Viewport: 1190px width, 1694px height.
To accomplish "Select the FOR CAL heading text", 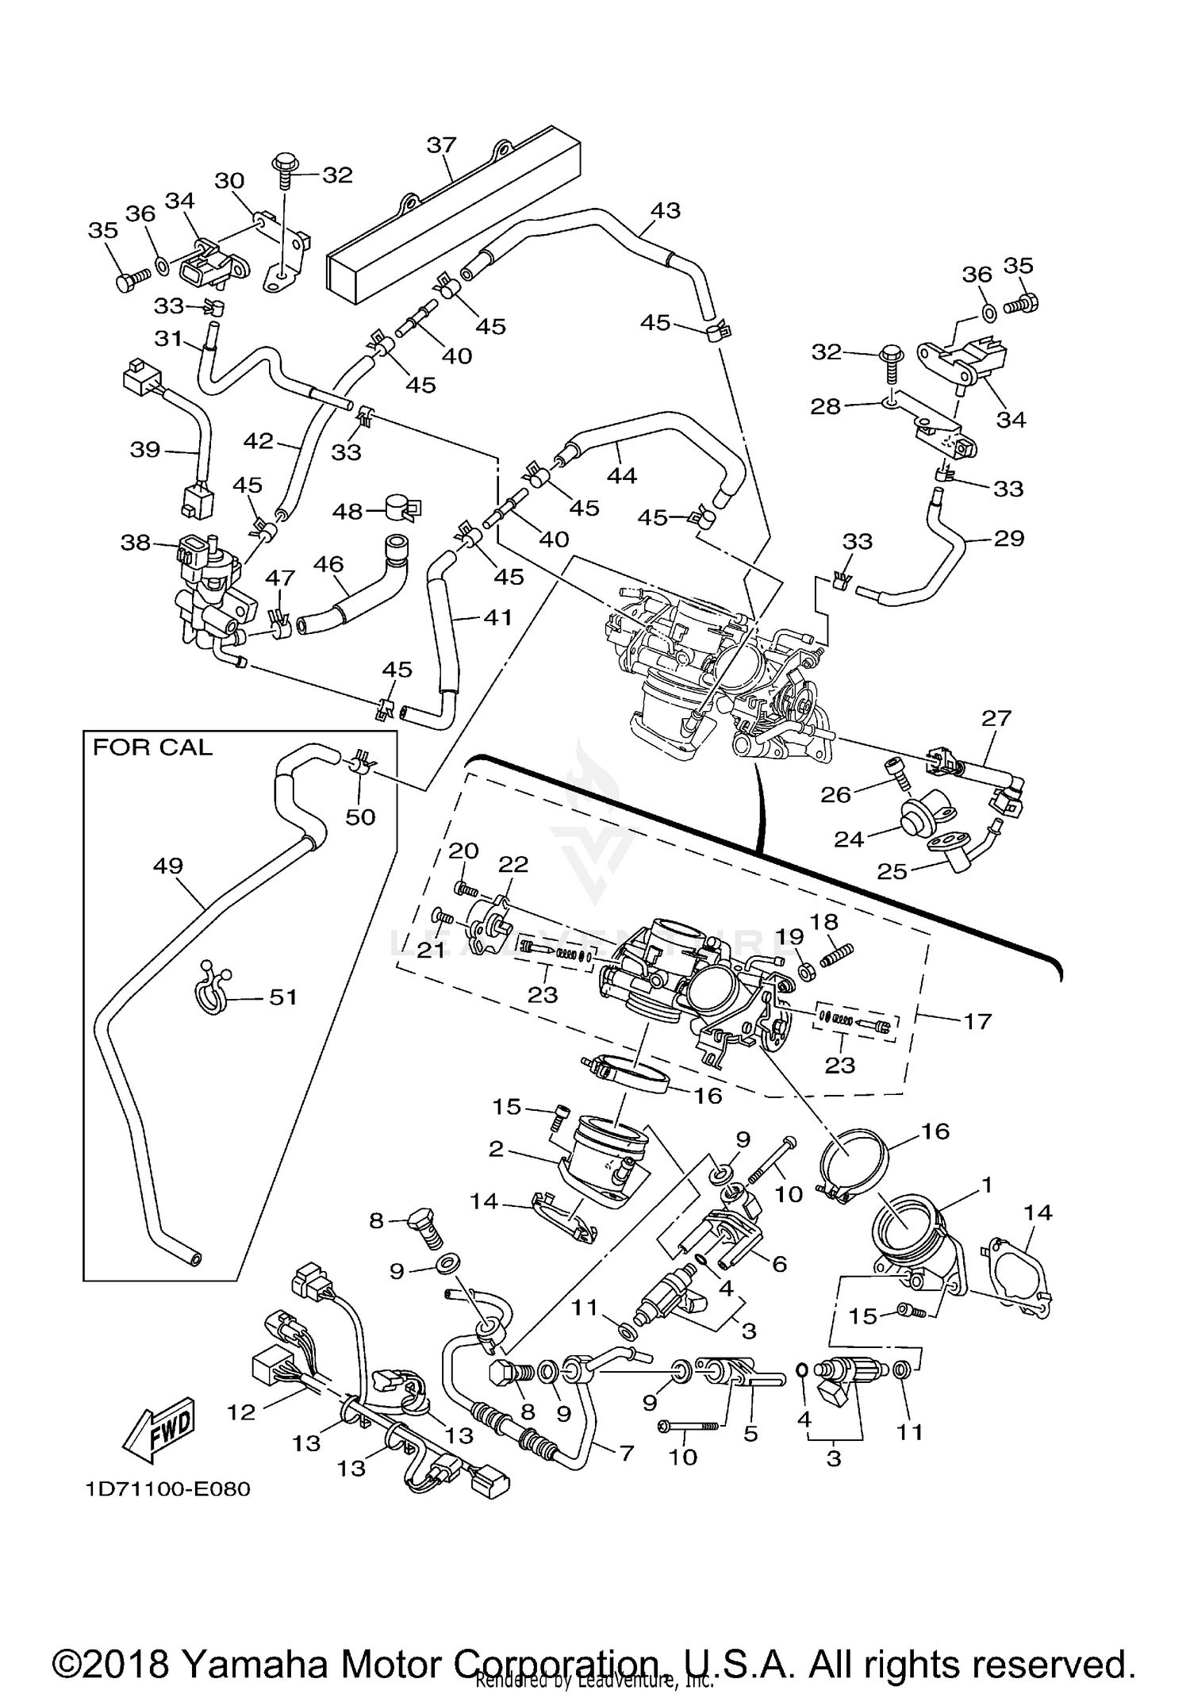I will point(153,747).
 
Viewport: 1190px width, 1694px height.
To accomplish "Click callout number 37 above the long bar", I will point(442,145).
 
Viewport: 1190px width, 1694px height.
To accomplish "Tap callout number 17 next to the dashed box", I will point(977,1020).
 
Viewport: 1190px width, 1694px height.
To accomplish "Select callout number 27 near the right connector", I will point(996,718).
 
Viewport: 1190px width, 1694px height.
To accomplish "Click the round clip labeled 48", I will point(403,509).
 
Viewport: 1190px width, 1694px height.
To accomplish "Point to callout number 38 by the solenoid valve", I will point(135,543).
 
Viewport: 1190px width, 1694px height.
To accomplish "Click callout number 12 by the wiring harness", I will point(242,1412).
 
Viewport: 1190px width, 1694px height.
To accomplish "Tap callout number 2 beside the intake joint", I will point(496,1149).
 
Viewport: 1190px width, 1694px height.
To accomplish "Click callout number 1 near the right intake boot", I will point(986,1185).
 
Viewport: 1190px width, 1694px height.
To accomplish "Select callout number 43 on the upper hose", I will point(665,210).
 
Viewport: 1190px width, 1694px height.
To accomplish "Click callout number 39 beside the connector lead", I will point(145,449).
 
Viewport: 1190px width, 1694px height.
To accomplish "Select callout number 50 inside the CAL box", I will point(360,816).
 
